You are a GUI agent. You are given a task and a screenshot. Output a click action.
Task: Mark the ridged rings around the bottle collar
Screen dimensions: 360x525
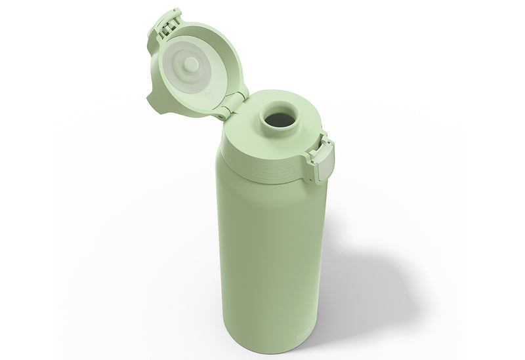point(262,161)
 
